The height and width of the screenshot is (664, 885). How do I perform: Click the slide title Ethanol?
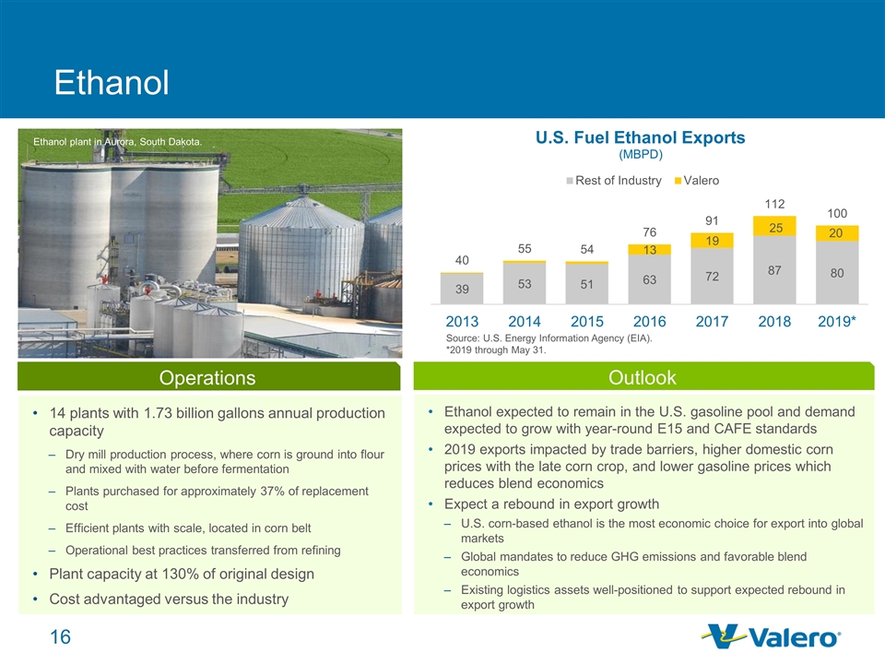click(x=112, y=83)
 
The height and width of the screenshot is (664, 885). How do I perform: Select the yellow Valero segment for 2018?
click(x=774, y=226)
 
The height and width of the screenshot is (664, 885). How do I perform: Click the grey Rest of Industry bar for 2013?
click(x=462, y=288)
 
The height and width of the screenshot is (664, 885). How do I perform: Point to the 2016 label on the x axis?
click(x=650, y=322)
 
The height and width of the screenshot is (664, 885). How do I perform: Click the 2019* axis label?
click(x=838, y=322)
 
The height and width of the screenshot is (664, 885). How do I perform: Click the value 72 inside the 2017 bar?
click(x=712, y=276)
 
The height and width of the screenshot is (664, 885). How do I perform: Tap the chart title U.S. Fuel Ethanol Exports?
click(x=641, y=137)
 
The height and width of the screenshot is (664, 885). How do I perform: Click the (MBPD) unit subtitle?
click(x=641, y=153)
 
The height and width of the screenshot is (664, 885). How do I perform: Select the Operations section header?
click(x=207, y=378)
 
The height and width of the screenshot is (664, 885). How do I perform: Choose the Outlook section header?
click(x=643, y=377)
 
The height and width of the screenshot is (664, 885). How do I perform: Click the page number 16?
click(x=60, y=638)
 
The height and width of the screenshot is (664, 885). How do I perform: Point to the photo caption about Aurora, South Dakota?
click(x=117, y=142)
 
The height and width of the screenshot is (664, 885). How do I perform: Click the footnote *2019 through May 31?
click(x=496, y=350)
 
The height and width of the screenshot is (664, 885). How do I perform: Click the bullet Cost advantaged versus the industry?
click(x=170, y=599)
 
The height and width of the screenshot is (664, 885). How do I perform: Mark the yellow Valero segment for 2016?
click(x=650, y=249)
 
